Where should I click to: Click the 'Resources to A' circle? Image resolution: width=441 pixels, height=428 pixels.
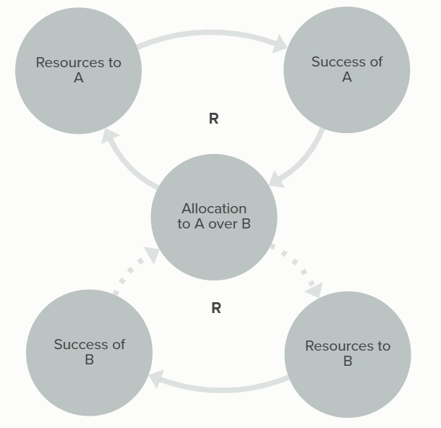[78, 70]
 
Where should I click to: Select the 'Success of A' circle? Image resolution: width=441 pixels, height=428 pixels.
[346, 69]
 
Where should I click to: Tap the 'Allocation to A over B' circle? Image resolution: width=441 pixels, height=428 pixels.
[214, 217]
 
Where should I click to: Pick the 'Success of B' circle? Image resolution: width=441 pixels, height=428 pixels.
[89, 352]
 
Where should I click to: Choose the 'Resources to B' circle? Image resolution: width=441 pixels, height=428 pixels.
[348, 354]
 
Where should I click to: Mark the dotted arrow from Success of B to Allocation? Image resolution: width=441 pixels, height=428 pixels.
[134, 271]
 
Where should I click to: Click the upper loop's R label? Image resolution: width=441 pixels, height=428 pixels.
[213, 119]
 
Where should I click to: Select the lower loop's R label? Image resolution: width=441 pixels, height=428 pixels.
[215, 309]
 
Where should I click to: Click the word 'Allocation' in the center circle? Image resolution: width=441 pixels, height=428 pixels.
[214, 209]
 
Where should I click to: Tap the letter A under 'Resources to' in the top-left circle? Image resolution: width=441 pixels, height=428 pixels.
[78, 78]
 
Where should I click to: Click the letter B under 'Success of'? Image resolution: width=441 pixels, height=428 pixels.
[89, 360]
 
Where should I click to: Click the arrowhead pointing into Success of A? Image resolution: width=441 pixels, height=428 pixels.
[279, 46]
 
